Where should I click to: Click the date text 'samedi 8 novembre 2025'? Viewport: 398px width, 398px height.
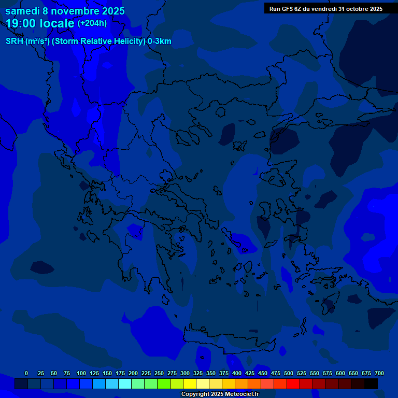[65, 11]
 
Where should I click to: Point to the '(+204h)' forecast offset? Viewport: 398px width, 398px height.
[92, 23]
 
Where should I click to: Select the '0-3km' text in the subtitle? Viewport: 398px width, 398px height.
[160, 41]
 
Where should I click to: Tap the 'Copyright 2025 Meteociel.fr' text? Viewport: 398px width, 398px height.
[220, 394]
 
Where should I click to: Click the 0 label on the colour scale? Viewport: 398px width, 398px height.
[26, 373]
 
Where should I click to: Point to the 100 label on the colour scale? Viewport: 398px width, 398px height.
[81, 373]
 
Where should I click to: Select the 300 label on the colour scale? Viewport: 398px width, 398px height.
[185, 373]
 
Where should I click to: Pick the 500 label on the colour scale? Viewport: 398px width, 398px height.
[289, 373]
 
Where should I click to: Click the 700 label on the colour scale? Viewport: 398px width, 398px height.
[379, 373]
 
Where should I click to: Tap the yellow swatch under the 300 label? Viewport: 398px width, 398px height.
[190, 383]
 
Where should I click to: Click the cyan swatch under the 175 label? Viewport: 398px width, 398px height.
[125, 383]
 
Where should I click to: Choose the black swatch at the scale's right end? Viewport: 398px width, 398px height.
[371, 383]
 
